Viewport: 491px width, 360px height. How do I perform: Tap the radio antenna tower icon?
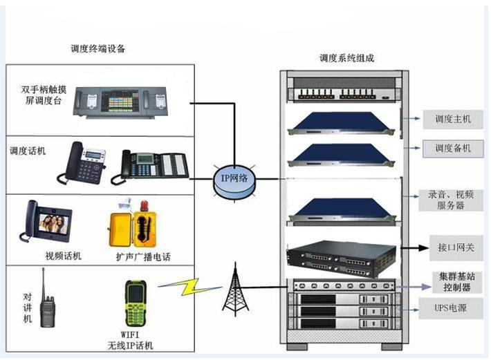(x=236, y=291)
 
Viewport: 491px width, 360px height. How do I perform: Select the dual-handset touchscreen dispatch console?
(x=122, y=102)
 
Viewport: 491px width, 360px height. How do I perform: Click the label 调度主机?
(x=452, y=120)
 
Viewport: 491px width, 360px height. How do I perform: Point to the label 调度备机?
(x=452, y=149)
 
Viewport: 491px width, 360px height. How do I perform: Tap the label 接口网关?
(x=452, y=246)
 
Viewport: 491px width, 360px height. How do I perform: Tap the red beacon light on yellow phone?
(x=144, y=206)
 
